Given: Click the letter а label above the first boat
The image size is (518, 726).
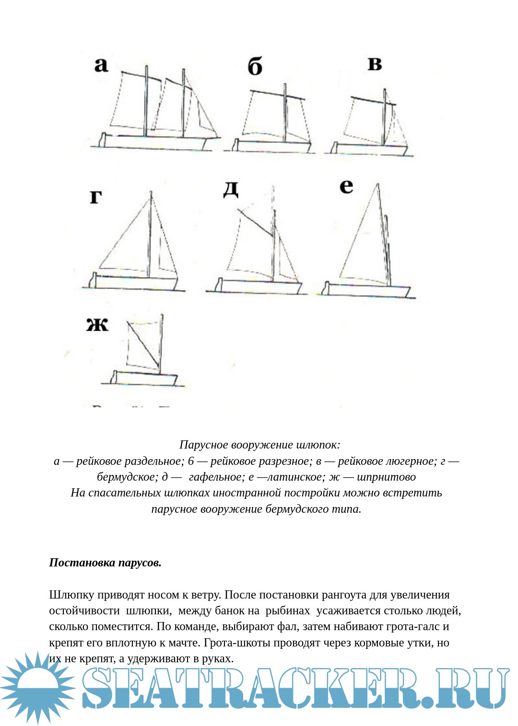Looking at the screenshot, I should [x=101, y=64].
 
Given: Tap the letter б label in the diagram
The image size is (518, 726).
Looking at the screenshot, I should [x=255, y=66].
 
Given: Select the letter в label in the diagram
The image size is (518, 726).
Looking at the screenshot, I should [x=375, y=63].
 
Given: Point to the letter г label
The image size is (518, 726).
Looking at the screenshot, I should [x=96, y=196].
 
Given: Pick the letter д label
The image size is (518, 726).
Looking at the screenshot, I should [x=231, y=189].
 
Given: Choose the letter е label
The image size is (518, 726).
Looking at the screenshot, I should [x=346, y=186].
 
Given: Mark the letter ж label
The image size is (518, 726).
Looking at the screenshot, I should [x=97, y=325].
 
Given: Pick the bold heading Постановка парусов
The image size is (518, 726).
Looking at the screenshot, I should [x=105, y=563].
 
